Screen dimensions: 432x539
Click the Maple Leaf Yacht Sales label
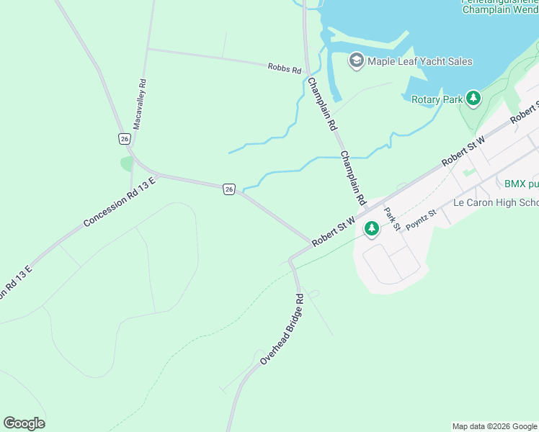pyautogui.click(x=420, y=61)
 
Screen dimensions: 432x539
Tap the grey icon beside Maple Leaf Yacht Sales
pyautogui.click(x=356, y=60)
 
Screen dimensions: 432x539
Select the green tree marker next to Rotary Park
pyautogui.click(x=473, y=99)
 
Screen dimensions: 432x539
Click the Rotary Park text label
pyautogui.click(x=436, y=99)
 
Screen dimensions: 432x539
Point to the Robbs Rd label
pyautogui.click(x=284, y=68)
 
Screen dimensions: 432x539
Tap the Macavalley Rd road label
pyautogui.click(x=141, y=104)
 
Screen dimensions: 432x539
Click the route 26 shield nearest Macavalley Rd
pyautogui.click(x=125, y=138)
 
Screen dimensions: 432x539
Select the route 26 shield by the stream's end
pyautogui.click(x=229, y=189)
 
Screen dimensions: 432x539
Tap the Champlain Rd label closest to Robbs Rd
pyautogui.click(x=322, y=104)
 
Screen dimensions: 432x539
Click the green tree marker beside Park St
pyautogui.click(x=371, y=229)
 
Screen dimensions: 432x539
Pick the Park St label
pyautogui.click(x=392, y=219)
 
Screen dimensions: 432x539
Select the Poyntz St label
pyautogui.click(x=422, y=220)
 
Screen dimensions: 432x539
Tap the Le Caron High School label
pyautogui.click(x=496, y=202)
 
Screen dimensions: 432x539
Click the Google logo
pyautogui.click(x=24, y=423)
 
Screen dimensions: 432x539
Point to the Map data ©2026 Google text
pyautogui.click(x=494, y=426)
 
